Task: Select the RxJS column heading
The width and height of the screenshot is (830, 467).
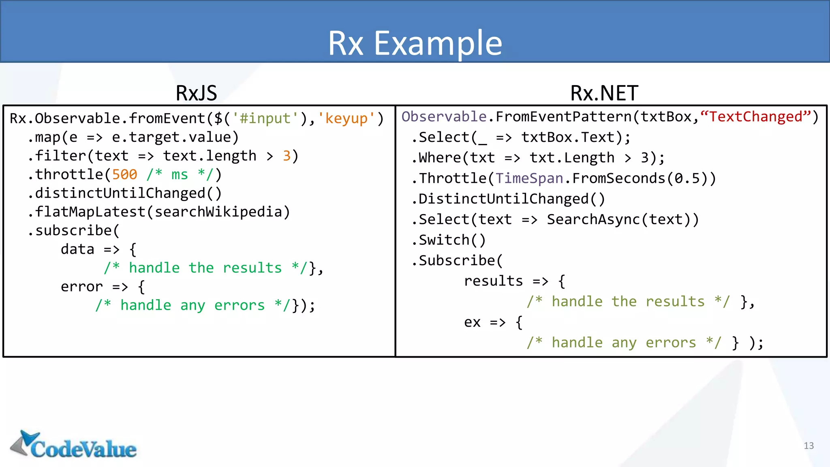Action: tap(196, 93)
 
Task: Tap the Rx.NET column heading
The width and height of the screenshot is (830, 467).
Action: tap(604, 93)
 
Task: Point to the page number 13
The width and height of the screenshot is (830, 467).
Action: tap(809, 446)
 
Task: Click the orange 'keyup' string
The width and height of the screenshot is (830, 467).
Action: tap(346, 118)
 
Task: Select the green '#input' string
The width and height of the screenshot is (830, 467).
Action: tap(265, 118)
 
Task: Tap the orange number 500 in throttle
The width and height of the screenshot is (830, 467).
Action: tap(124, 175)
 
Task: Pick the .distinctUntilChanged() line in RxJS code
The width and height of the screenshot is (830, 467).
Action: tap(125, 193)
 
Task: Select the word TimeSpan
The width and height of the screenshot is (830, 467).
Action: tap(529, 178)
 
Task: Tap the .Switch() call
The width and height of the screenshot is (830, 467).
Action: tap(448, 240)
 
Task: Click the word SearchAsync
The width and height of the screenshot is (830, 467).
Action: tap(593, 220)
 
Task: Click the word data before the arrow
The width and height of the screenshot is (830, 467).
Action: tap(77, 249)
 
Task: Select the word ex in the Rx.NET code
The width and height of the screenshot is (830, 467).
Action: tap(472, 322)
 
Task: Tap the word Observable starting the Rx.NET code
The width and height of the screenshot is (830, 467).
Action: tap(444, 117)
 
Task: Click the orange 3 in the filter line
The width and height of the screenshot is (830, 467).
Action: tap(287, 156)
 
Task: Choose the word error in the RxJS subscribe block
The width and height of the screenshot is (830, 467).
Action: tap(82, 287)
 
